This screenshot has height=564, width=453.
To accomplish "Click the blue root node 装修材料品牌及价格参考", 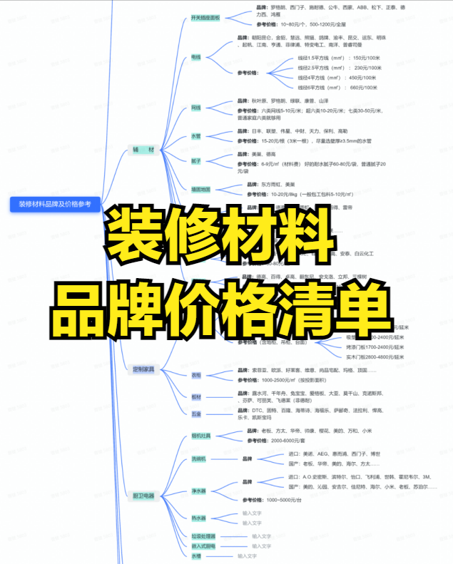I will coord(55,205).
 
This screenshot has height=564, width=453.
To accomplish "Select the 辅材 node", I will coord(143,150).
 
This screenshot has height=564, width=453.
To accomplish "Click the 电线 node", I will coord(195,56).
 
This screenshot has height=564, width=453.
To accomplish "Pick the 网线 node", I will coord(195,108).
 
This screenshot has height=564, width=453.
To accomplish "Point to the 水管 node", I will coord(195,135).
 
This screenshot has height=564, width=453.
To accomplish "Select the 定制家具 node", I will coord(143,369).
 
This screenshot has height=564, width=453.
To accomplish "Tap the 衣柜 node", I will coord(195,375).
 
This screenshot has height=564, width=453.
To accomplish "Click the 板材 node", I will coord(195,396).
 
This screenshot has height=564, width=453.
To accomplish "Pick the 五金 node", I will coord(195,414).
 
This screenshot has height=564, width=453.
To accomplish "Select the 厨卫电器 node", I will coord(143,496).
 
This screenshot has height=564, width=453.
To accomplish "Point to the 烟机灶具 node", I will coord(200,436).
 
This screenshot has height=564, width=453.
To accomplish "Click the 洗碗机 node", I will coord(198,458).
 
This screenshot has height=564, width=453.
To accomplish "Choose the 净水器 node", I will coord(198,491).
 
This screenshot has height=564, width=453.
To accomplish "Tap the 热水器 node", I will coord(198,518).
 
